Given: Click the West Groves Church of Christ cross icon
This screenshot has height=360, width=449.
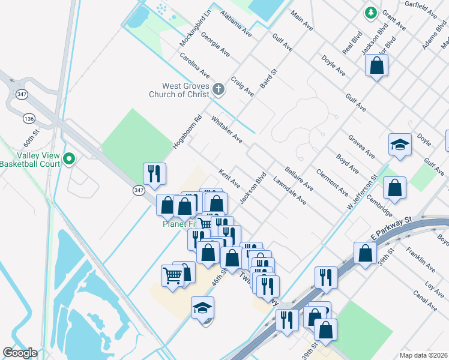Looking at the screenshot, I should click(x=218, y=90).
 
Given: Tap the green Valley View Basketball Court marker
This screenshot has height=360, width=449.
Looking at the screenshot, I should click(x=69, y=159).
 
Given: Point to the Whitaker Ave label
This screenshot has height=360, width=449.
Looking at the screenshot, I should click(x=227, y=130).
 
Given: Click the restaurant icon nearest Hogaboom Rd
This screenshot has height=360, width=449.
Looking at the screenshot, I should click(x=154, y=174).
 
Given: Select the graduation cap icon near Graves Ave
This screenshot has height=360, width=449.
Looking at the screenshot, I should click(x=400, y=145).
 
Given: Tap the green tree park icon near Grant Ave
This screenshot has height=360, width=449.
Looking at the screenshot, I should click(x=371, y=12).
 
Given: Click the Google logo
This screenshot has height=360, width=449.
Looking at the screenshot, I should click(x=20, y=353).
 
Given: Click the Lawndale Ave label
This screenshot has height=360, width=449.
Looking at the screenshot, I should click(x=290, y=191).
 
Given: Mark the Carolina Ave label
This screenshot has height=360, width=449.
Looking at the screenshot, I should click(x=194, y=65).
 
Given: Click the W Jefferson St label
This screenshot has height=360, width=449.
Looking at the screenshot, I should click(x=361, y=192).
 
